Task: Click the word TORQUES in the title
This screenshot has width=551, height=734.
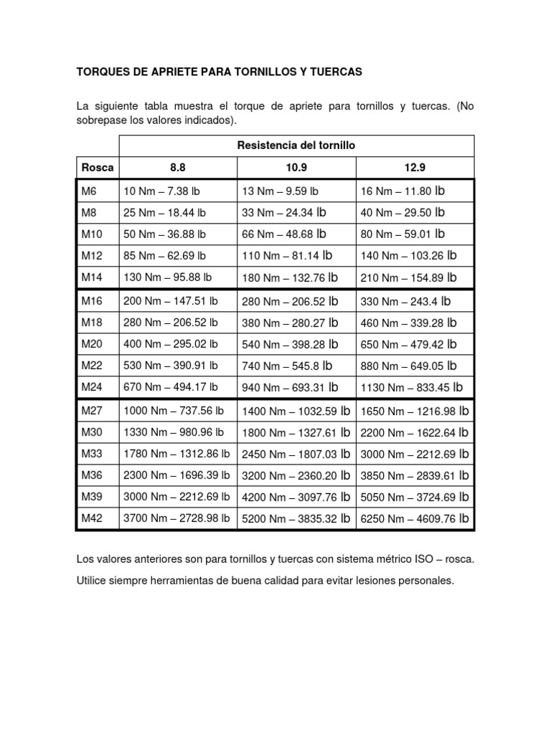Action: pos(101,72)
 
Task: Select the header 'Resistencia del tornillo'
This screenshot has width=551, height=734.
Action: pos(296,146)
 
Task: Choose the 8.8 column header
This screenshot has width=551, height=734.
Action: pos(177,168)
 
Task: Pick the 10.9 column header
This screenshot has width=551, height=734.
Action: pos(296,168)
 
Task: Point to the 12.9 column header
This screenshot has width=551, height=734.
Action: pos(415,168)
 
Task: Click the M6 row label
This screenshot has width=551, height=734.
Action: pos(90,191)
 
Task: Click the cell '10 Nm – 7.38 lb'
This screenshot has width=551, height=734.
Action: pos(165,191)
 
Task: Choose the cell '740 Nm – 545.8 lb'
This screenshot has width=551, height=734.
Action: pos(287,366)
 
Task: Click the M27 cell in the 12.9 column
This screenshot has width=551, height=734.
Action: pos(415,411)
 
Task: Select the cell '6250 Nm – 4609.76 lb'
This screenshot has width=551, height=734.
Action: pos(415,518)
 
